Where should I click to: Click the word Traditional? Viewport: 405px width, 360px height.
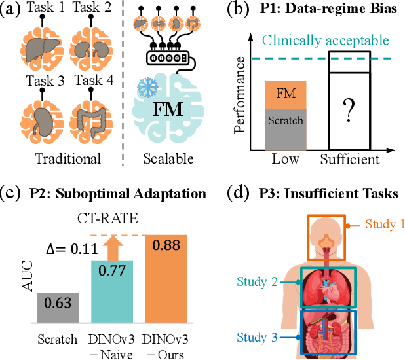[68, 158]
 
